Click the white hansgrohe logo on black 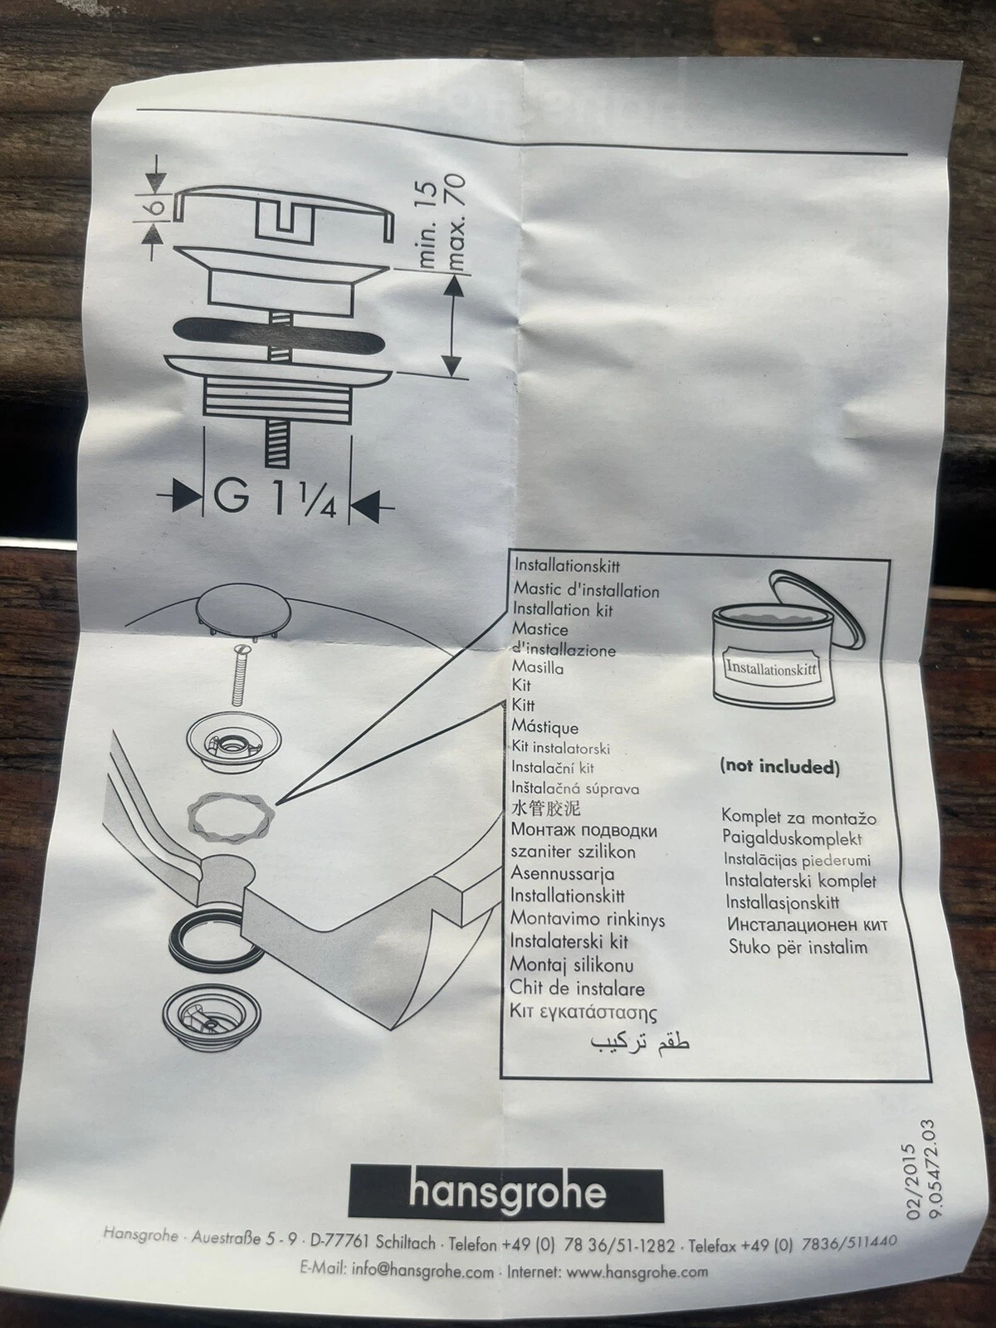pos(506,1194)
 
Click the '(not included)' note pos(779,767)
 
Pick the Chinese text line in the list pos(545,808)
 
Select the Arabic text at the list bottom pos(639,1042)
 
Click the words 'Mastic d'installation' pos(586,591)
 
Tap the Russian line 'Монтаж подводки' pos(583,831)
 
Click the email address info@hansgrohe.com pos(422,1271)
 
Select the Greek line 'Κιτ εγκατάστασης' pos(583,1013)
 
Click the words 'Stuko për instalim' pos(798,946)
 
